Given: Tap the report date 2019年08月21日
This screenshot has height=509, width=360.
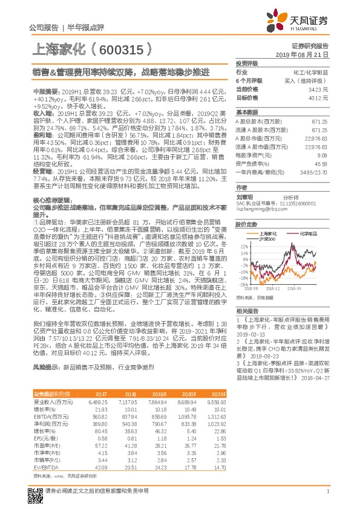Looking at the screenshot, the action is coord(306,54).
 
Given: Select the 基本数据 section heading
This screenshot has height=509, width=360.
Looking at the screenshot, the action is coord(247,112).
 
